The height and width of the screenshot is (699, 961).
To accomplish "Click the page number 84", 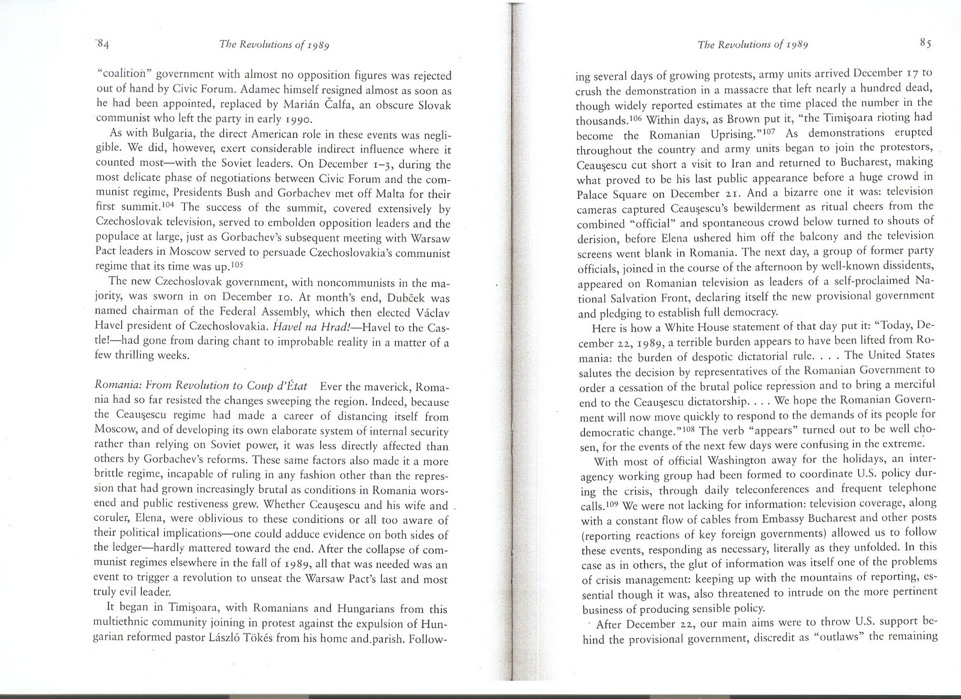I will [x=102, y=43].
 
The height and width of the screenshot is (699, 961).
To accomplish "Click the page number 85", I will [x=925, y=43].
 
